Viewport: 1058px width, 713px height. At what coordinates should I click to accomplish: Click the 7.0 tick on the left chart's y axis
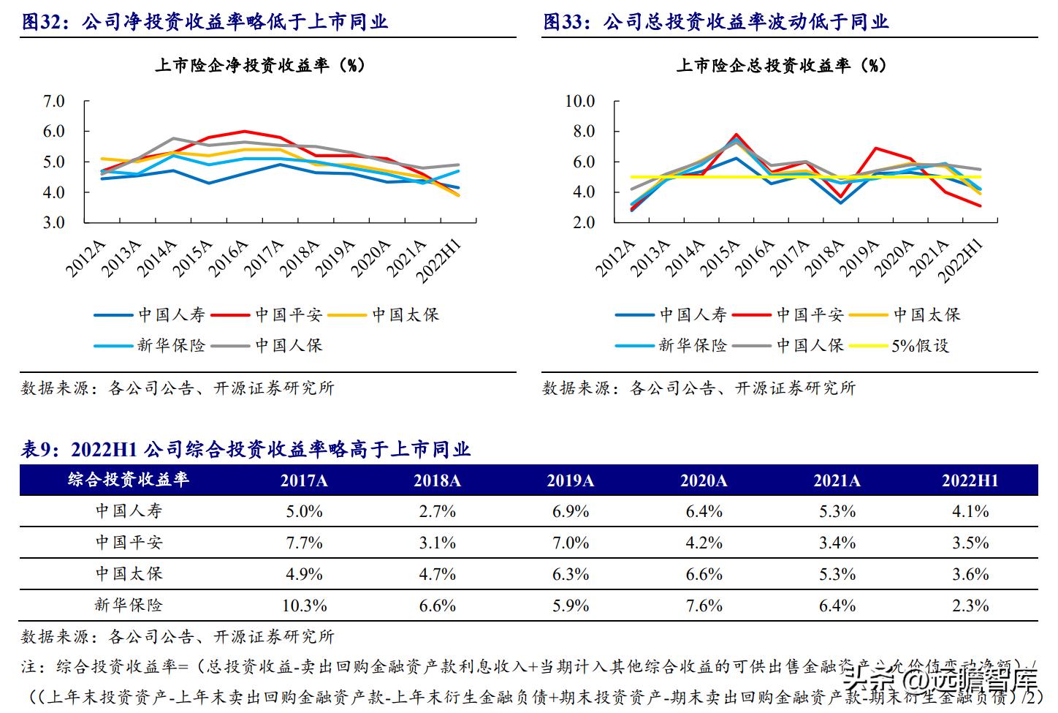(x=54, y=101)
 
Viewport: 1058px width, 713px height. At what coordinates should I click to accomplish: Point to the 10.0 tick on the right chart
(x=579, y=101)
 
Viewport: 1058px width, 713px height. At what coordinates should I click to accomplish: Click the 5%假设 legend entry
(x=920, y=346)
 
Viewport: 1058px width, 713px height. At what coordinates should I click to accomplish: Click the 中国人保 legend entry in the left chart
(x=288, y=346)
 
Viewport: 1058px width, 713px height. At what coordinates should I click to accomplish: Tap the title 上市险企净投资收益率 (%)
(x=259, y=65)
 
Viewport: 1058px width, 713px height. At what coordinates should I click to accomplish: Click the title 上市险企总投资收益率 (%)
(x=780, y=65)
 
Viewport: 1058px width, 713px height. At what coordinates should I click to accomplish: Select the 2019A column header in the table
(x=571, y=480)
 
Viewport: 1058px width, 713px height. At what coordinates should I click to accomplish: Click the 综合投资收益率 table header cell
(x=129, y=480)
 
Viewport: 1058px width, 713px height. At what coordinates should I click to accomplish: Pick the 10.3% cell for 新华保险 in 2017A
(x=304, y=606)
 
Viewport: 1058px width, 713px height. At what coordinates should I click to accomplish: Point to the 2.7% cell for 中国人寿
(x=437, y=511)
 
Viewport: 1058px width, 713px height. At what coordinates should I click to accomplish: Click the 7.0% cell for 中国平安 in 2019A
(x=571, y=543)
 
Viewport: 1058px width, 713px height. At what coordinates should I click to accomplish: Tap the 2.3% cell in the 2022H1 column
(x=970, y=606)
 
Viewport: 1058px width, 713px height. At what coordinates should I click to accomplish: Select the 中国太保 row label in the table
(x=129, y=574)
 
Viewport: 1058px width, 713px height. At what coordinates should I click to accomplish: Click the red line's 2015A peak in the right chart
(x=737, y=135)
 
